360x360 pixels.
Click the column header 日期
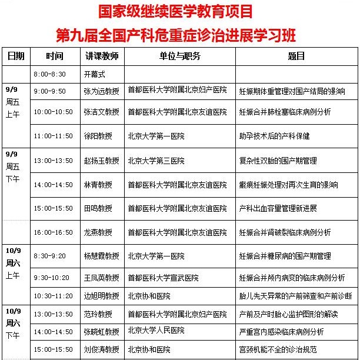[16, 56]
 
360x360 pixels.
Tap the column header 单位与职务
[179, 56]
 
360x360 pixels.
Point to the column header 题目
[296, 56]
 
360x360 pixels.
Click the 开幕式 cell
[96, 74]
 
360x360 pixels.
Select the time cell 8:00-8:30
[50, 74]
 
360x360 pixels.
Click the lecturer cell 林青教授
[98, 185]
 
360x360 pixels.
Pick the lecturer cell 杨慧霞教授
[101, 256]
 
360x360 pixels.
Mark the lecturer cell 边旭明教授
[101, 295]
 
